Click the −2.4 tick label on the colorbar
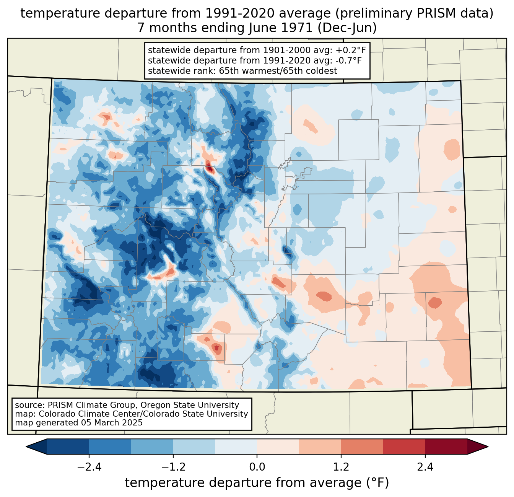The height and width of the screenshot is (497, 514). pyautogui.click(x=89, y=467)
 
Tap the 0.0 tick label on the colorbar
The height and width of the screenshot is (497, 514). pyautogui.click(x=257, y=467)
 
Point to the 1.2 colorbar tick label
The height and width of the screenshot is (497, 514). pyautogui.click(x=341, y=467)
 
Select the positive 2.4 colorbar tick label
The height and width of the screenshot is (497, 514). pyautogui.click(x=425, y=467)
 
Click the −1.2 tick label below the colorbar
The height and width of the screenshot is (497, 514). pyautogui.click(x=173, y=467)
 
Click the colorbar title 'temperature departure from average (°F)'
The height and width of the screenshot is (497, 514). pyautogui.click(x=257, y=483)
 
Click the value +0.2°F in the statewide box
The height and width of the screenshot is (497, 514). pyautogui.click(x=351, y=50)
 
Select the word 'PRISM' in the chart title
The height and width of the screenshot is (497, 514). pyautogui.click(x=436, y=13)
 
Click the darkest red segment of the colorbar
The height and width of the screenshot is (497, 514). pyautogui.click(x=446, y=446)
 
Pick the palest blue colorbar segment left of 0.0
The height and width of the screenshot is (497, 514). pyautogui.click(x=236, y=446)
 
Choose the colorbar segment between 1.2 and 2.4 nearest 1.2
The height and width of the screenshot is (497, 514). pyautogui.click(x=362, y=446)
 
